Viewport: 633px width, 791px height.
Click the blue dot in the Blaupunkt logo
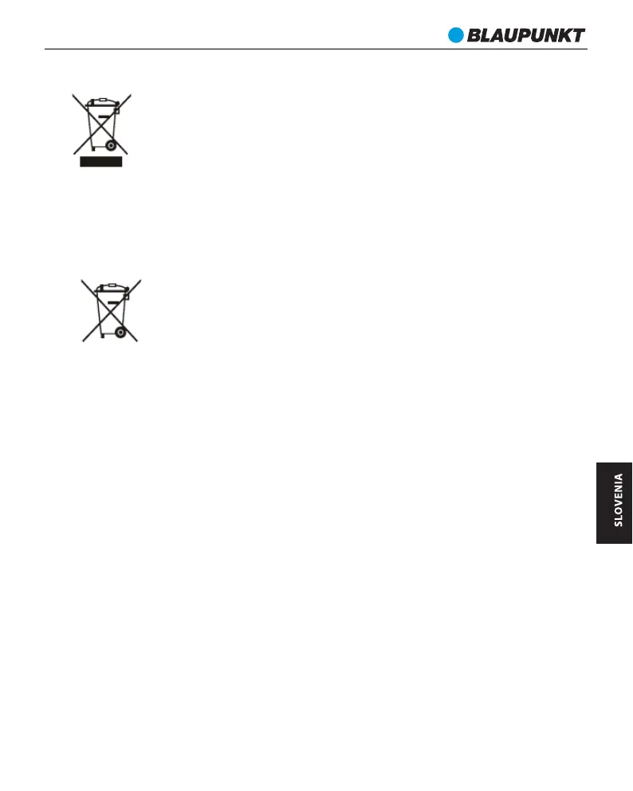[455, 35]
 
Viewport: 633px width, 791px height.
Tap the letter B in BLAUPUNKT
[473, 35]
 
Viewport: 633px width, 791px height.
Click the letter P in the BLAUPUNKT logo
[519, 35]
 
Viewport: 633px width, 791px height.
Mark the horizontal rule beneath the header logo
[316, 49]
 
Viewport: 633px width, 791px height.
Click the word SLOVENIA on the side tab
[618, 500]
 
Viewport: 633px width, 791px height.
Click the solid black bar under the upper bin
[100, 161]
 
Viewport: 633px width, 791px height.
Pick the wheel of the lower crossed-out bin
[120, 331]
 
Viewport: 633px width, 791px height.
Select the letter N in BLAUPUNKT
[541, 35]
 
